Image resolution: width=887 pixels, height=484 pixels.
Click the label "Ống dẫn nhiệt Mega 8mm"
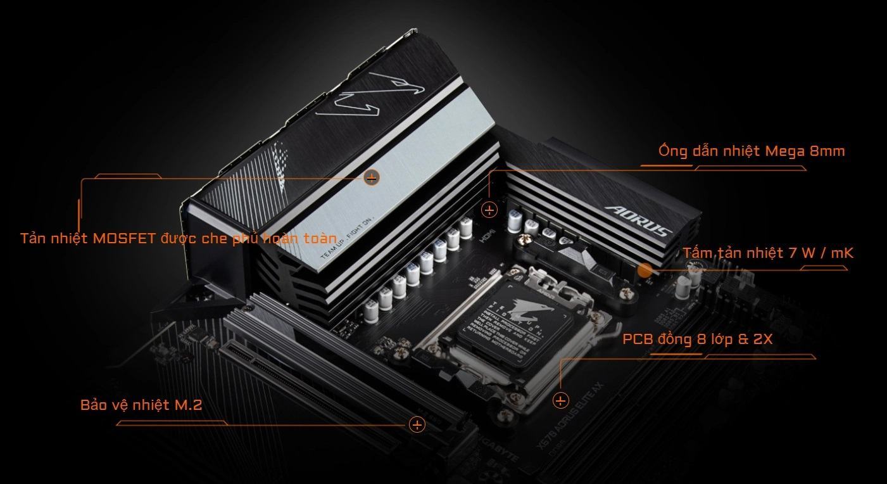coord(751,151)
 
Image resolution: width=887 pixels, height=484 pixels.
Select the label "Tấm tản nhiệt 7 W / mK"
coord(768,253)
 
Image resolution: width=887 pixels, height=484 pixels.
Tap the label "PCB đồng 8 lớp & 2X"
coord(697,339)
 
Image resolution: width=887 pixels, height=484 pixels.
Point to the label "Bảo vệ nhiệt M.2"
coord(141,405)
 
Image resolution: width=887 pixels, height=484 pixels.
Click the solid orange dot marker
coord(645,271)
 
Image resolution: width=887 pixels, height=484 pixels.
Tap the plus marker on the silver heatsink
coord(372,178)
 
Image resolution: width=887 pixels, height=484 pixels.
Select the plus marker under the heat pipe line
coord(489,210)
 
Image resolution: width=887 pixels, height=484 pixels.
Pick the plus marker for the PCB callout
coord(561,400)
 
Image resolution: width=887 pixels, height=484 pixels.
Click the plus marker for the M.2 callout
coord(417,424)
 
